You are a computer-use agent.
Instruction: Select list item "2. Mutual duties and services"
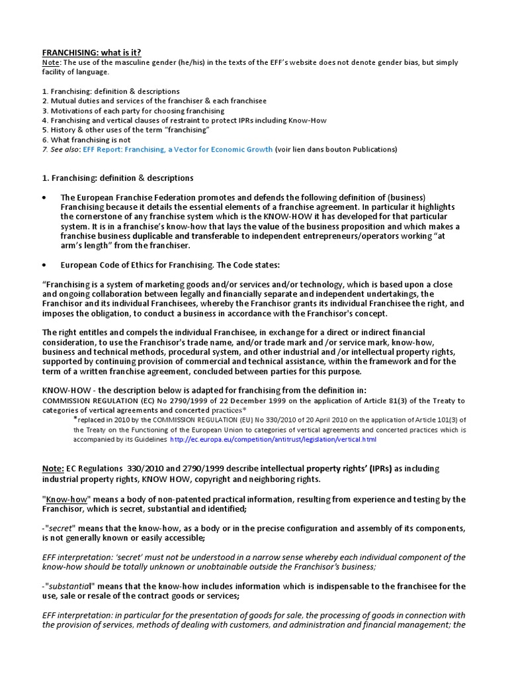pyautogui.click(x=154, y=101)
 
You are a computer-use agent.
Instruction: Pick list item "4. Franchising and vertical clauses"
pyautogui.click(x=184, y=121)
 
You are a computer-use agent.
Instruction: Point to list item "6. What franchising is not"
pyautogui.click(x=87, y=140)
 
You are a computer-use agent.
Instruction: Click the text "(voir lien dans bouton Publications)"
pyautogui.click(x=336, y=150)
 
